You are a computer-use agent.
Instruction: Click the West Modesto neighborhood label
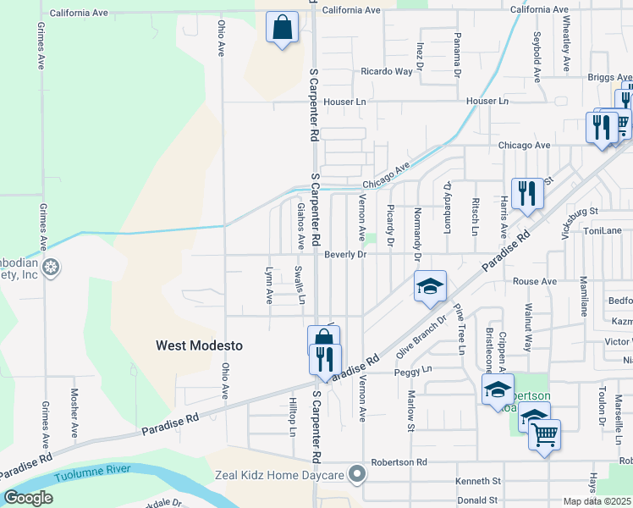point(199,345)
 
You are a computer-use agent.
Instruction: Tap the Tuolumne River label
point(95,476)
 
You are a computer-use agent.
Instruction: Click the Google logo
point(28,498)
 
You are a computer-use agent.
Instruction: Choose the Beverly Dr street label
point(344,254)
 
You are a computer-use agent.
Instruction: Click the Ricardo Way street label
point(387,71)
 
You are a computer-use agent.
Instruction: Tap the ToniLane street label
point(603,229)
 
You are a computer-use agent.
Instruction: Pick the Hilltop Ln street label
point(293,417)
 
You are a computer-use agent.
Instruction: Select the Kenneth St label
point(479,481)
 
